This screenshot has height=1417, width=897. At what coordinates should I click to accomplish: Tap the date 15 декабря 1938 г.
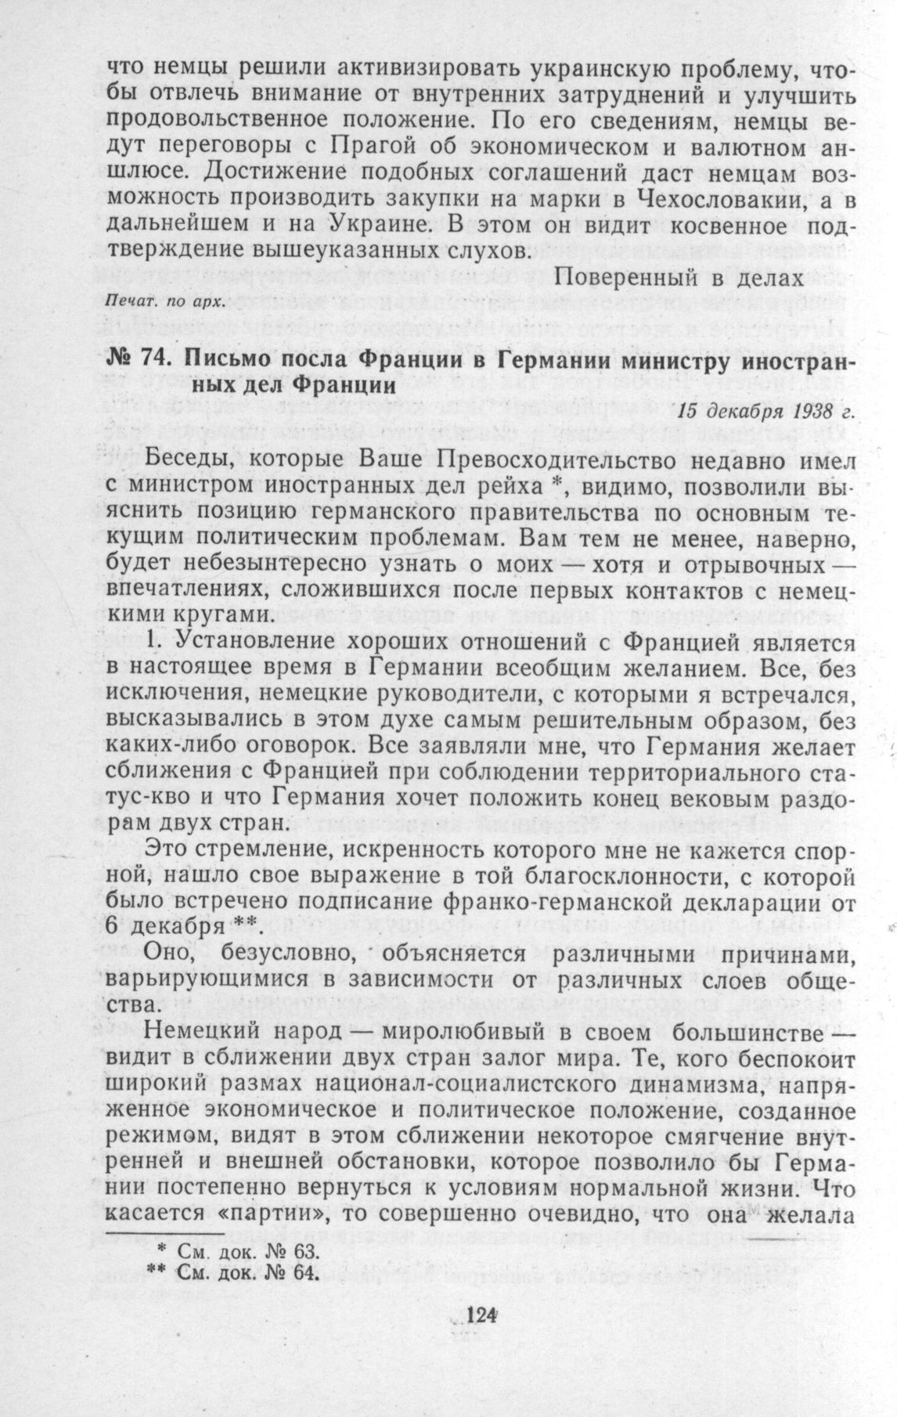pos(763,412)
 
